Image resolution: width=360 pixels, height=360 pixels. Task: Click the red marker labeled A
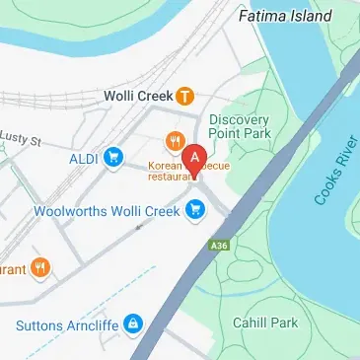tap(195, 158)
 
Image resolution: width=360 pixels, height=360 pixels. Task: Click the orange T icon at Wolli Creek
tap(183, 97)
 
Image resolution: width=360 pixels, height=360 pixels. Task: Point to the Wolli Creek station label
tap(138, 97)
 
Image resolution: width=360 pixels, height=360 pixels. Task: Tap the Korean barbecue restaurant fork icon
tap(174, 141)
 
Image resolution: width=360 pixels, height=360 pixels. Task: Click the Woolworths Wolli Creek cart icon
tap(196, 208)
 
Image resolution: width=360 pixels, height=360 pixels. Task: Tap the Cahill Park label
tap(259, 323)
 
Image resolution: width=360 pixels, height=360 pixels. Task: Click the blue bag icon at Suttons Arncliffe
tap(131, 324)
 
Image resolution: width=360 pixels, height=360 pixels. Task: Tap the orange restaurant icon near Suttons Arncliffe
tap(40, 266)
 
